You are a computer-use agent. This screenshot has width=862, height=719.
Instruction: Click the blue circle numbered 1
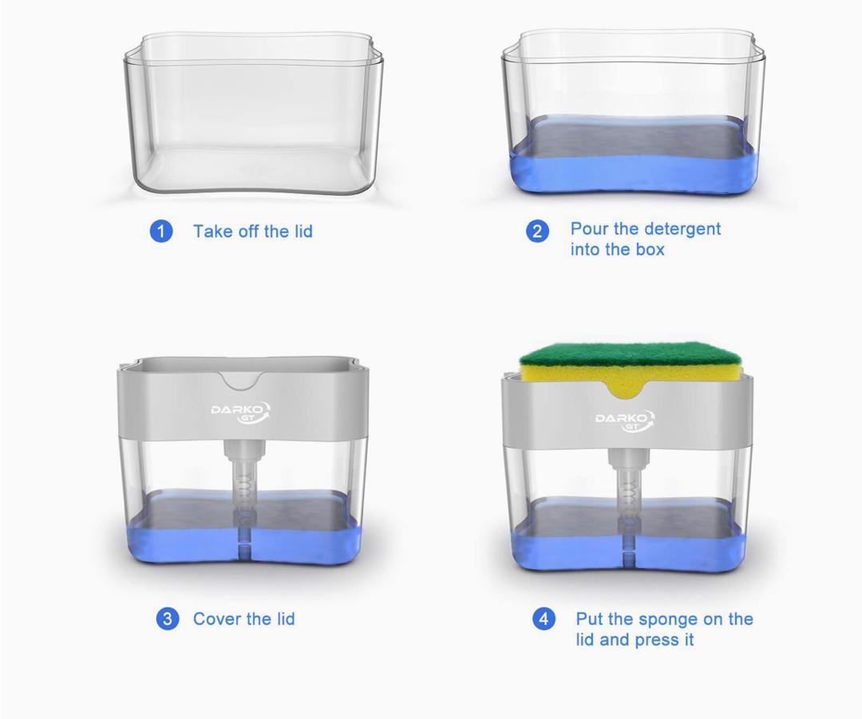tap(161, 231)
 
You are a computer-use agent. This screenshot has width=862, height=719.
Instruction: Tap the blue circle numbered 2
tap(537, 231)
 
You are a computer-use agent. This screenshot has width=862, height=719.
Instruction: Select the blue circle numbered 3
tap(167, 618)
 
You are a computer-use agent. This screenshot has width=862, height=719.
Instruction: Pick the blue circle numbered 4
tap(544, 619)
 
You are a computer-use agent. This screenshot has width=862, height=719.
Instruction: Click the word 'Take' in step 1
tap(213, 231)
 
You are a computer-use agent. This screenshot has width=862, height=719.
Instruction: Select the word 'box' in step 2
tap(650, 250)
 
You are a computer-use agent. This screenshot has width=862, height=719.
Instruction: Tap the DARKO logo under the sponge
tap(625, 421)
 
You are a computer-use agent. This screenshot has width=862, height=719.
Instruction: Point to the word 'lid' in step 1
tap(303, 231)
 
